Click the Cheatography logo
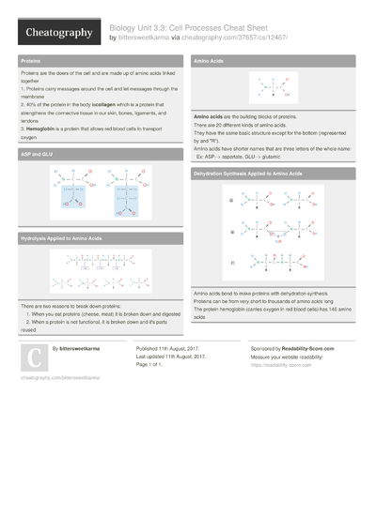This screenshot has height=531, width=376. [x=58, y=33]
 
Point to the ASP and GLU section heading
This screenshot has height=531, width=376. [x=37, y=153]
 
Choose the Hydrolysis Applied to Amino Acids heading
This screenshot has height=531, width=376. [x=61, y=239]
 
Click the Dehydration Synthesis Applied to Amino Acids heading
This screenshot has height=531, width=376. [x=248, y=174]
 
